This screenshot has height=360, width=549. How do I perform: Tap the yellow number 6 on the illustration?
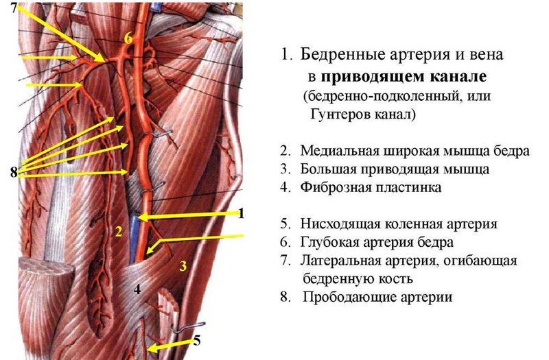click(128, 38)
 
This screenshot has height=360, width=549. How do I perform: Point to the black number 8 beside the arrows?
click(14, 172)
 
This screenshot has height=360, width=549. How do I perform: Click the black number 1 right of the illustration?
click(241, 213)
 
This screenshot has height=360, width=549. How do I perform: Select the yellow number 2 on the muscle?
click(118, 231)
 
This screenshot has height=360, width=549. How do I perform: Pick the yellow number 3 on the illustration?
click(183, 265)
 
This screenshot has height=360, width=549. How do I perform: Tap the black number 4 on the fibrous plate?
click(137, 289)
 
